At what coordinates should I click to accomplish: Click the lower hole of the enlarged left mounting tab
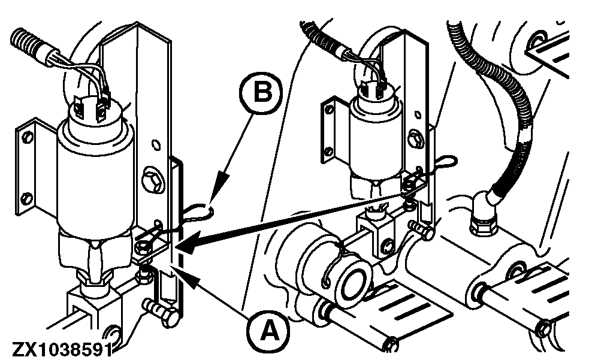pyautogui.click(x=26, y=196)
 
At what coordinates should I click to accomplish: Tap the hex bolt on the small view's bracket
pyautogui.click(x=414, y=137)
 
